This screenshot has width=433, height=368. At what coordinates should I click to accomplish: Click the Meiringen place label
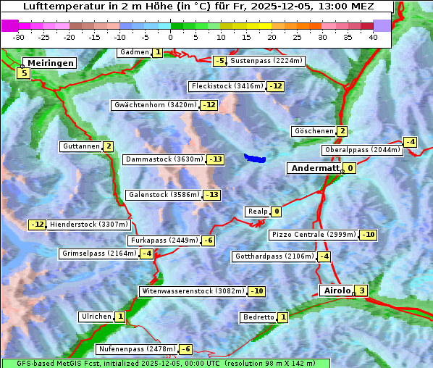pyautogui.click(x=49, y=63)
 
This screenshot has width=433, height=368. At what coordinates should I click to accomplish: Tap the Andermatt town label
pyautogui.click(x=314, y=168)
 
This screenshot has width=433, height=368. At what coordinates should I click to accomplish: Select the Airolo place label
pyautogui.click(x=336, y=290)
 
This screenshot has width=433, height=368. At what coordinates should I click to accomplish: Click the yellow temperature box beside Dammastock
pyautogui.click(x=215, y=159)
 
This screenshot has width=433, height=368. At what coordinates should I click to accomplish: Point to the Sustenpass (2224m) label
pyautogui.click(x=260, y=61)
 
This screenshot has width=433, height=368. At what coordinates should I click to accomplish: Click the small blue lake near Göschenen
pyautogui.click(x=255, y=157)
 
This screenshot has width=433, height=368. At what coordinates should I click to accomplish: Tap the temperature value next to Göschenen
pyautogui.click(x=342, y=131)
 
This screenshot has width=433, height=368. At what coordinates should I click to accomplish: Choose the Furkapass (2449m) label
pyautogui.click(x=163, y=241)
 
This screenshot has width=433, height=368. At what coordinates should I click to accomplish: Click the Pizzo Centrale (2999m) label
pyautogui.click(x=314, y=235)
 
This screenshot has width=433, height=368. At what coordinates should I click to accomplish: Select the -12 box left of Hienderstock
pyautogui.click(x=38, y=225)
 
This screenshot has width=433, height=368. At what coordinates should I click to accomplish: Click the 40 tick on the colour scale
pyautogui.click(x=373, y=36)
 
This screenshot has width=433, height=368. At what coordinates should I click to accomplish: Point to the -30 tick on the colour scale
pyautogui.click(x=19, y=36)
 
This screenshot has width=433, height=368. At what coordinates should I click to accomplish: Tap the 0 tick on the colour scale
pyautogui.click(x=171, y=36)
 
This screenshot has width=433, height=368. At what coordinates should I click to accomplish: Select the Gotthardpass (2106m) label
pyautogui.click(x=274, y=256)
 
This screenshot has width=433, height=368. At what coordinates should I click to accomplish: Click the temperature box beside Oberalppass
pyautogui.click(x=411, y=142)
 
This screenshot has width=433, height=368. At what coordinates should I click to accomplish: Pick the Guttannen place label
pyautogui.click(x=80, y=146)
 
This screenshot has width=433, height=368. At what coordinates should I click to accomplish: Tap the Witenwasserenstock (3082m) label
pyautogui.click(x=192, y=291)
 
